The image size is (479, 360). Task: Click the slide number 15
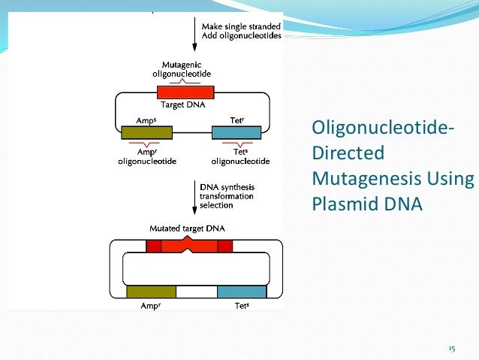tap(452, 349)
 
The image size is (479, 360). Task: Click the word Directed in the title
tap(348, 154)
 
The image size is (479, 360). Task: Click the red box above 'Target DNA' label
tap(185, 92)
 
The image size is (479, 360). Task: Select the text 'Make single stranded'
tap(241, 27)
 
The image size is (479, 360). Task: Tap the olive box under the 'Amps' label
tap(147, 133)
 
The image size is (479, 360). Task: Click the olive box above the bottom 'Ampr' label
tap(151, 292)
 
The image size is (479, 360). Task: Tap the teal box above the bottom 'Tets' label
tap(242, 292)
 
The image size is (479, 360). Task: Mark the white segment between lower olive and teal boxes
tap(196, 292)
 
